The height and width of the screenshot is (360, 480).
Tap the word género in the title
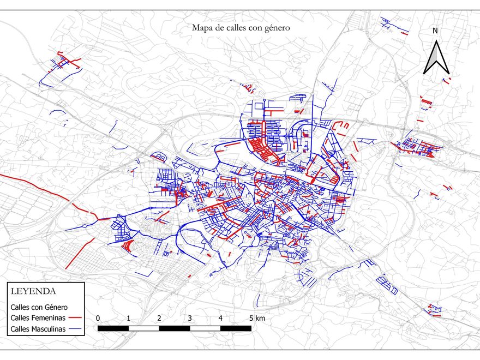(275, 27)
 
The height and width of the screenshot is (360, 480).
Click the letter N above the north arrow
(435, 31)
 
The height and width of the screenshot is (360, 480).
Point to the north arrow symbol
(436, 57)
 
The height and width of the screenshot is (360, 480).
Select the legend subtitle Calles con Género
(39, 307)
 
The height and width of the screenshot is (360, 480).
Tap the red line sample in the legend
(75, 318)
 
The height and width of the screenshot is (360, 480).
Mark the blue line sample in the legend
(75, 329)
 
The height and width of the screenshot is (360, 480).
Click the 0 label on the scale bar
(98, 318)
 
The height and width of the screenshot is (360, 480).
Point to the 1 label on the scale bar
(128, 318)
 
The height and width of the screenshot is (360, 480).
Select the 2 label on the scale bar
(159, 318)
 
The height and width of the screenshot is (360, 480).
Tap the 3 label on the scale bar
(190, 318)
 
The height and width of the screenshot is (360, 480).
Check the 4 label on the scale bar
(220, 318)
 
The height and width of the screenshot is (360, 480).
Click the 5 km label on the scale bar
(257, 318)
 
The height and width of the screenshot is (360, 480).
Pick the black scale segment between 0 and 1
(113, 328)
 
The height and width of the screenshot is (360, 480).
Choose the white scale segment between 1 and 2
(143, 328)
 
